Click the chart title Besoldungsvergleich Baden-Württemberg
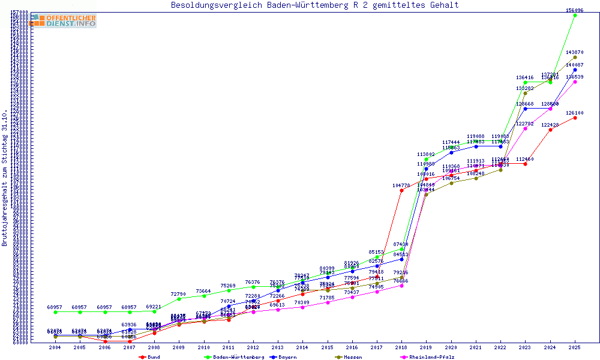[x=315, y=5]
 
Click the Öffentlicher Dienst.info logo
[x=64, y=21]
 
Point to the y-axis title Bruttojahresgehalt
[x=5, y=178]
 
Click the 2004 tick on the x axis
[x=55, y=347]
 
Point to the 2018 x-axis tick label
[x=400, y=347]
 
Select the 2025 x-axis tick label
[x=575, y=347]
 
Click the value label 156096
[x=575, y=10]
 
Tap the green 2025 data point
[x=575, y=16]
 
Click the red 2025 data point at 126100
[x=575, y=118]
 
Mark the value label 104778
[x=401, y=185]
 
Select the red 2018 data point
[x=401, y=191]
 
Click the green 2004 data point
[x=55, y=312]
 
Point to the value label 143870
[x=575, y=52]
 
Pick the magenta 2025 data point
[x=575, y=82]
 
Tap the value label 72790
[x=178, y=294]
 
